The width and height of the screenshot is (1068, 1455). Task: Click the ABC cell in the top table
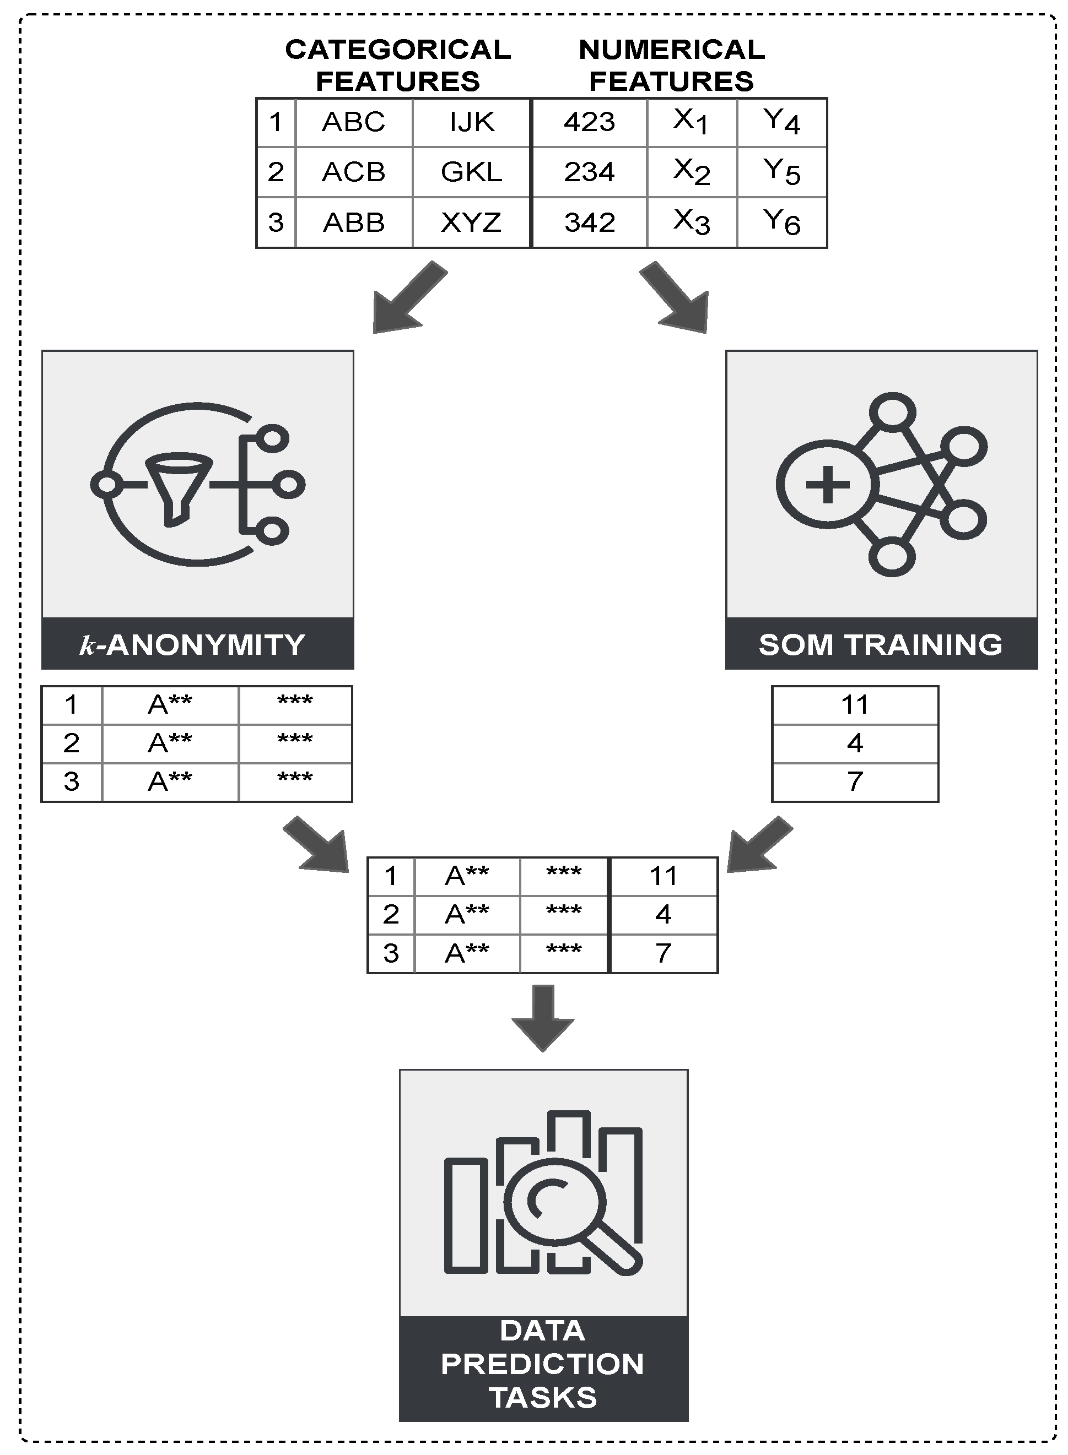pyautogui.click(x=354, y=122)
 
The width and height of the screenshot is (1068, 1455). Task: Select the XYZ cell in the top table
pyautogui.click(x=471, y=223)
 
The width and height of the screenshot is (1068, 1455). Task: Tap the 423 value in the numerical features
pyautogui.click(x=589, y=122)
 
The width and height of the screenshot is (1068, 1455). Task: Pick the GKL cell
pyautogui.click(x=471, y=172)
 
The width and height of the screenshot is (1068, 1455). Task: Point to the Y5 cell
pyautogui.click(x=781, y=172)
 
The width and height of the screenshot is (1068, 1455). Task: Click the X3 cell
pyautogui.click(x=692, y=223)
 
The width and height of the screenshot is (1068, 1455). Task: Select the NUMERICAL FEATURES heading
pyautogui.click(x=672, y=65)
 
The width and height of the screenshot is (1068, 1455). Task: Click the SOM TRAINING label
pyautogui.click(x=881, y=644)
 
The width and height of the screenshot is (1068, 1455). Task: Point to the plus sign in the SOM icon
pyautogui.click(x=828, y=485)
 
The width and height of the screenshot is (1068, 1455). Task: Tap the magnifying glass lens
pyautogui.click(x=555, y=1202)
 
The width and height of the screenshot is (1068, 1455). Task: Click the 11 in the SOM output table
pyautogui.click(x=855, y=705)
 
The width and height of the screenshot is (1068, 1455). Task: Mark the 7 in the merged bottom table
pyautogui.click(x=664, y=953)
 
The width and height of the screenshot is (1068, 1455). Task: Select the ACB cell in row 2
pyautogui.click(x=354, y=172)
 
